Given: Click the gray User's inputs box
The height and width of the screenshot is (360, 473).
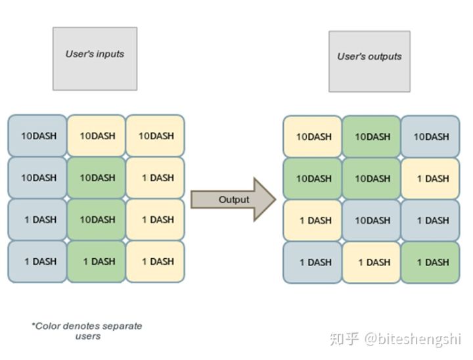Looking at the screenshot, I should (95, 58).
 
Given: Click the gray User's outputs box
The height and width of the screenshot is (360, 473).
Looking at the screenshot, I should (369, 61).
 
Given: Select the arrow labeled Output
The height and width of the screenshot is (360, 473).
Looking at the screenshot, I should (233, 198).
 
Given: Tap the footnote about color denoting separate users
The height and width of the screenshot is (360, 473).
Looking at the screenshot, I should (87, 330).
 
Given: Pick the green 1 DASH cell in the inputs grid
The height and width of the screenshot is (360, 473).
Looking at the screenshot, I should (96, 261).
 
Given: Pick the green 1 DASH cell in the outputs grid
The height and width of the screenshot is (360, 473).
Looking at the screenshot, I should (430, 262).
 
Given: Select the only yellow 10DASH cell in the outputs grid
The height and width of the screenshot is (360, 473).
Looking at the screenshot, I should (312, 137).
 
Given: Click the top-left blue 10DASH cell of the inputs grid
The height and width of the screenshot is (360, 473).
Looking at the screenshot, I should (37, 136).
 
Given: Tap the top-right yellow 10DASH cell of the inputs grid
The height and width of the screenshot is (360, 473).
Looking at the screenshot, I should (155, 136).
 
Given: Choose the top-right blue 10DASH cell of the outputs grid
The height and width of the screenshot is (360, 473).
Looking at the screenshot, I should (430, 137).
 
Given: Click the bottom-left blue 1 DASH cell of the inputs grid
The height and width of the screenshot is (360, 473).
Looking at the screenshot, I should (37, 261).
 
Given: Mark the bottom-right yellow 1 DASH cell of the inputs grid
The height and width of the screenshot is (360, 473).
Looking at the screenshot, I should (155, 261).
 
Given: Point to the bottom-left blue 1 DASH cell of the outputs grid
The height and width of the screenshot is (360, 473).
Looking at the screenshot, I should (312, 262).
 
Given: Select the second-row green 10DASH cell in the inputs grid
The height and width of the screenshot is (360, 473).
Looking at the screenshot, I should (96, 177).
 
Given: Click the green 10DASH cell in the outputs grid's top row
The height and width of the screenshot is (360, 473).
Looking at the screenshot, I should (371, 137).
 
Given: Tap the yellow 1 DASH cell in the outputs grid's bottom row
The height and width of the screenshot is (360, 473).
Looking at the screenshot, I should (371, 262).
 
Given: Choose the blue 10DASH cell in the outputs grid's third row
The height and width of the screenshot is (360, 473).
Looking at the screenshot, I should (371, 220).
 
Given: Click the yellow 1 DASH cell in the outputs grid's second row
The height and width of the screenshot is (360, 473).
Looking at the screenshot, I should (430, 178).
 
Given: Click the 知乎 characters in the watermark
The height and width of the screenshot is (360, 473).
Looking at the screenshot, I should (344, 338).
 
